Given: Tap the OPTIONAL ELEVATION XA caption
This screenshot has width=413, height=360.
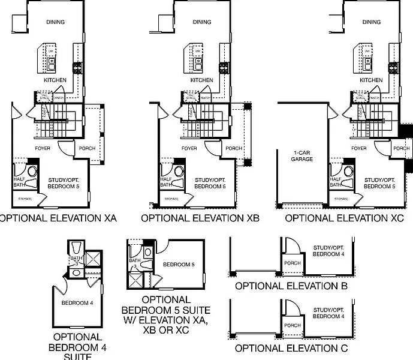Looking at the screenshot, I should click(x=57, y=219).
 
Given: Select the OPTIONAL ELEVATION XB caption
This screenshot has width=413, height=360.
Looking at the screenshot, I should click(x=200, y=219).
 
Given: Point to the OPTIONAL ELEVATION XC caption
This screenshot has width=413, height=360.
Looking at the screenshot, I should click(x=344, y=219).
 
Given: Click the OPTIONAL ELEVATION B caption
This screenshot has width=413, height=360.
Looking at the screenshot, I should click(x=291, y=286).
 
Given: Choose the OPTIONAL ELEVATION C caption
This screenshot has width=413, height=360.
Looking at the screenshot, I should click(x=291, y=348).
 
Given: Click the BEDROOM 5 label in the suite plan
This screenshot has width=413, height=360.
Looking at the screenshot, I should click(x=179, y=264).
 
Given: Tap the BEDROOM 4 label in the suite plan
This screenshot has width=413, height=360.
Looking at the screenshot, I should click(x=77, y=303).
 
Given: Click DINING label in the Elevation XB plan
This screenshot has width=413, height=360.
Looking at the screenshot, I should click(x=202, y=23).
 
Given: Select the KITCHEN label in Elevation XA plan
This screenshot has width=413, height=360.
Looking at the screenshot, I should click(x=55, y=80).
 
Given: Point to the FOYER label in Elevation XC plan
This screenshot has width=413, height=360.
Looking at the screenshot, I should click(x=359, y=148).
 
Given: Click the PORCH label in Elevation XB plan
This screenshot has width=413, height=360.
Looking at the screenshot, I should click(x=234, y=149).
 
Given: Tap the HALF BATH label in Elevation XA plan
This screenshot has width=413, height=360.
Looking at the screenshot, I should click(x=20, y=181).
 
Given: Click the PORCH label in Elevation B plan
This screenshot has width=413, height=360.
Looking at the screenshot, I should click(x=293, y=263).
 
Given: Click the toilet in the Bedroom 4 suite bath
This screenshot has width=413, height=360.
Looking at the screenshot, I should click(x=76, y=248).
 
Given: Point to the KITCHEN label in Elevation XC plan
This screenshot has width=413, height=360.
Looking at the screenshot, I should click(x=371, y=80).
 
